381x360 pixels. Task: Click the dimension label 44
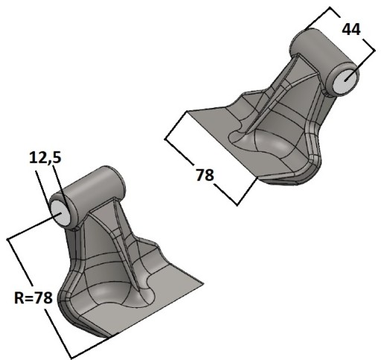click(x=351, y=30)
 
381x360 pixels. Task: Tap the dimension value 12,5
click(x=45, y=158)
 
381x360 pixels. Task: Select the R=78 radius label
click(x=33, y=298)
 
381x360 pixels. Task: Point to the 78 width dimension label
click(x=205, y=175)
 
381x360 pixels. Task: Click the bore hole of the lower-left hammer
click(x=60, y=213)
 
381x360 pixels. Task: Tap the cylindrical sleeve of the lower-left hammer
click(x=88, y=196)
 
